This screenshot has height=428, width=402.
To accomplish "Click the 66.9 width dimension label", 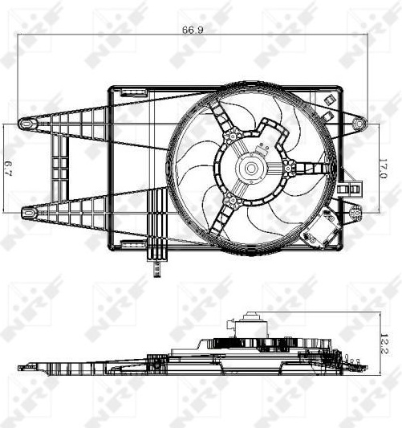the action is point(193,30).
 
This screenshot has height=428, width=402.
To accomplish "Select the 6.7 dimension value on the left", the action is point(9,169).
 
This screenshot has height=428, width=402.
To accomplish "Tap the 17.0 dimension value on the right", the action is point(383,169).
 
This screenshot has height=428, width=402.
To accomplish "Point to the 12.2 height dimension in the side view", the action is point(384,344).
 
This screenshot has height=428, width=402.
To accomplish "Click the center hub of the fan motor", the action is point(251,168).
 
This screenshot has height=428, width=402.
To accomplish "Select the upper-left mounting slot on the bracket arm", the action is point(26,124).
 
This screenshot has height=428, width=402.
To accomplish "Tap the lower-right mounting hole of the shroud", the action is point(355,212).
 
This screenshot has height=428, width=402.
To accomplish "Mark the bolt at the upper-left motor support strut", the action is point(232,136).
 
